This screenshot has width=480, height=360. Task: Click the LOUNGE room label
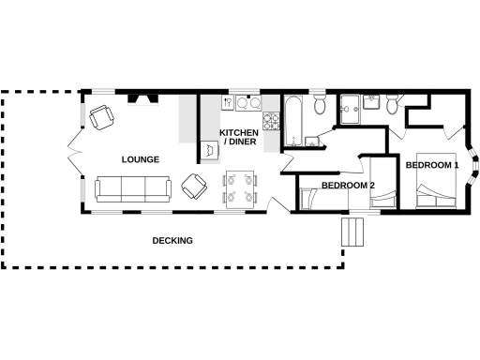point(140,159)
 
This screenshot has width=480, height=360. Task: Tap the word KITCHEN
point(239,133)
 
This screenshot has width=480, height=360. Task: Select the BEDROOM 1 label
point(431,165)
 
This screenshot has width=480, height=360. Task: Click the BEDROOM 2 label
point(348,186)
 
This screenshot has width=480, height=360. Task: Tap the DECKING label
point(172,241)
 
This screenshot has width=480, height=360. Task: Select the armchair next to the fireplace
point(101,116)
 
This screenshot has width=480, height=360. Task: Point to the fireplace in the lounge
point(142,97)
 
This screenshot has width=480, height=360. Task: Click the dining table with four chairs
point(239,187)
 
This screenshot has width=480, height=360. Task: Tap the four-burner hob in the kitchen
point(272,120)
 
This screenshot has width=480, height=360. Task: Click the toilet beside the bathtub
point(320,105)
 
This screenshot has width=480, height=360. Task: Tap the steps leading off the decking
point(352,232)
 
